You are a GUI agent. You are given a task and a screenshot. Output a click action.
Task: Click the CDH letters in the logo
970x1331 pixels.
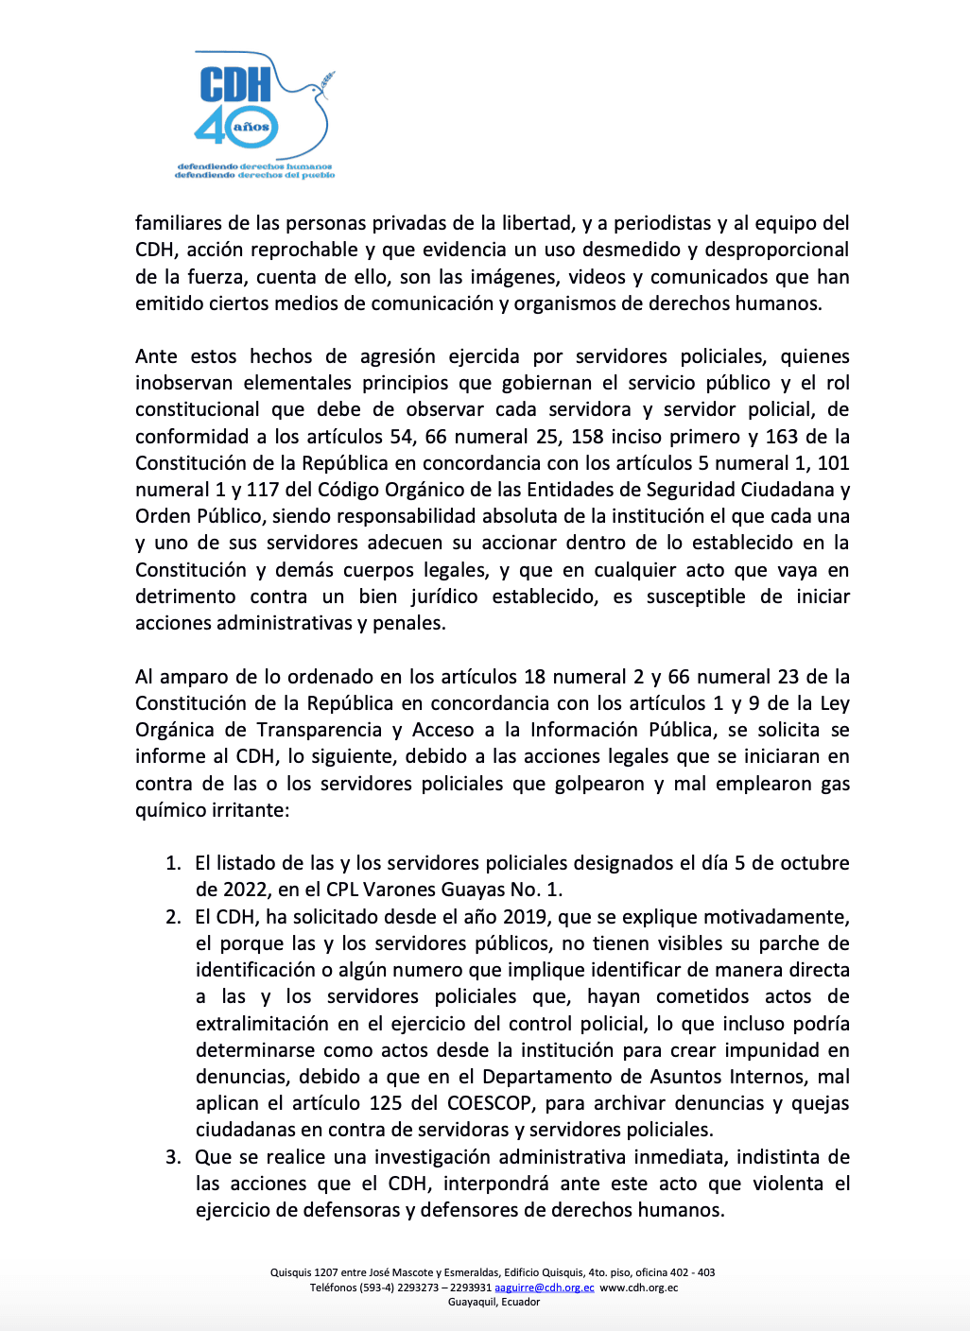coord(235,84)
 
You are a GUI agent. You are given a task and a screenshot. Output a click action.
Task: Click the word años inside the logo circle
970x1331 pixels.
coord(251,127)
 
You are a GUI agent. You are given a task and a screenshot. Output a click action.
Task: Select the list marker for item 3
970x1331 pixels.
coord(173,1157)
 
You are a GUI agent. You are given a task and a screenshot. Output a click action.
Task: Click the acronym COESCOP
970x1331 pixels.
coord(489,1103)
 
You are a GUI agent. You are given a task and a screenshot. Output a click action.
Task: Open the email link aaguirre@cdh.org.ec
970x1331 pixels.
coord(545,1288)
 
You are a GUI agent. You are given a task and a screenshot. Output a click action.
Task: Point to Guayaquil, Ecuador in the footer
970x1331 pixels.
coord(494,1302)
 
